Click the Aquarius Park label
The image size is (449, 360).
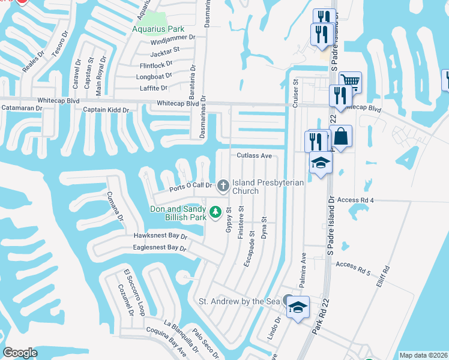[x=159, y=29]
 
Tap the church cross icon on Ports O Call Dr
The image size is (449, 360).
[x=223, y=185]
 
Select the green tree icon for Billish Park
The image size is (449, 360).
[x=215, y=212]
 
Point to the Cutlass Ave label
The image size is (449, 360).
[x=255, y=155]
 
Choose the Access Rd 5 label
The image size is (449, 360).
[x=354, y=265]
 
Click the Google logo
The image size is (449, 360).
[x=20, y=353]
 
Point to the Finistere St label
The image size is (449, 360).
[x=241, y=222]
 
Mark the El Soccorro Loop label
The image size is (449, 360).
[x=134, y=292]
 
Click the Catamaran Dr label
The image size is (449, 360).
[x=22, y=109]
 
